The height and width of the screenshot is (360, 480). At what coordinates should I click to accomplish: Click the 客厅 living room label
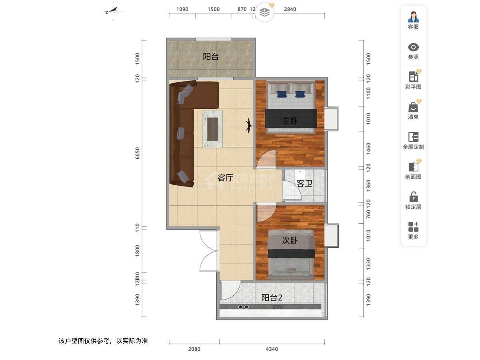point(225,178)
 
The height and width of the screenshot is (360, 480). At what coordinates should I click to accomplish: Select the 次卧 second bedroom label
point(290,240)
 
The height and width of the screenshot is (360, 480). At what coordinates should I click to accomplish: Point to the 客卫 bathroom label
point(304,184)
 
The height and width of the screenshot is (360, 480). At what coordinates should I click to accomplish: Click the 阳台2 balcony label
point(272,298)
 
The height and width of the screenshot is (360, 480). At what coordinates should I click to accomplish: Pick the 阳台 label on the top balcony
point(211,57)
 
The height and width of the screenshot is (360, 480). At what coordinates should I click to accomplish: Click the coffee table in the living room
point(212,130)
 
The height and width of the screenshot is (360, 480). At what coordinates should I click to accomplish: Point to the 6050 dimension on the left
point(138,153)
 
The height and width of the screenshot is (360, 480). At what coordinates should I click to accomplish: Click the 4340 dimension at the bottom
point(272,349)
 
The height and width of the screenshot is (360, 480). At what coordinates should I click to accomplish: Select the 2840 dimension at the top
point(290,9)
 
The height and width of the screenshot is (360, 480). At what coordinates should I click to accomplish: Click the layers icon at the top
point(264,12)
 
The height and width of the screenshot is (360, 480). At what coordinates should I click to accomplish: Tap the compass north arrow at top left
point(112,11)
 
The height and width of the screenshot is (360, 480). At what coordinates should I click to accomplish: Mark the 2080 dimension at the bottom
point(194,349)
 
